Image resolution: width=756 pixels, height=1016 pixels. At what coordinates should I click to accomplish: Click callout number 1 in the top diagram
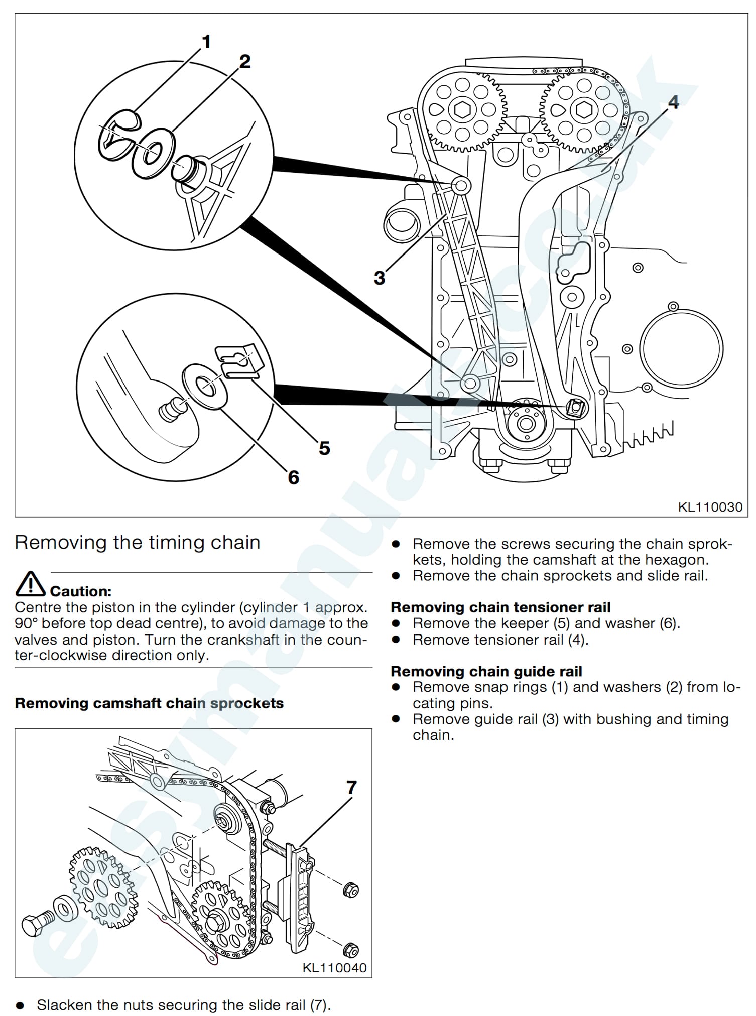[206, 42]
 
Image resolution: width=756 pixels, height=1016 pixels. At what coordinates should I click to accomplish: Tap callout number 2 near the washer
[244, 62]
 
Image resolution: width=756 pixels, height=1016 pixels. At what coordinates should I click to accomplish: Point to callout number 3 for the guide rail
[380, 278]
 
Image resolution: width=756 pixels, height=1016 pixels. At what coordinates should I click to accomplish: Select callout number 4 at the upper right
[673, 102]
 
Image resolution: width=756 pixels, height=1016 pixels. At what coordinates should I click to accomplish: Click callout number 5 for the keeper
[324, 448]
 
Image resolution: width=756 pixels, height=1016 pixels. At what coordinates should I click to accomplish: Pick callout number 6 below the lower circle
[294, 477]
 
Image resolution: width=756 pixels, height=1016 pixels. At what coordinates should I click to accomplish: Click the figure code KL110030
[710, 507]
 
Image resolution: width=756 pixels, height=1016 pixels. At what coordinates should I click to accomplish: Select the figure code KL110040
[334, 968]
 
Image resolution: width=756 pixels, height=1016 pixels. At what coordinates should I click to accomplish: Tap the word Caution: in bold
[81, 591]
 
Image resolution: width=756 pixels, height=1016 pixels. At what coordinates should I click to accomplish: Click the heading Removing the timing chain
[138, 543]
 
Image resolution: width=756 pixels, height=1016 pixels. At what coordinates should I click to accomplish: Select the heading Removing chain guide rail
[486, 671]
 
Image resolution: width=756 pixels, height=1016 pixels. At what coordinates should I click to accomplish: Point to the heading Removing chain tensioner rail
[500, 607]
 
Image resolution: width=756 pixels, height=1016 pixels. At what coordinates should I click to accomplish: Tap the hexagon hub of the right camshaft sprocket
[584, 109]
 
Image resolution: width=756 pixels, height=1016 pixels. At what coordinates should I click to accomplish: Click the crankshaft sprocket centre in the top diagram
[526, 423]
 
